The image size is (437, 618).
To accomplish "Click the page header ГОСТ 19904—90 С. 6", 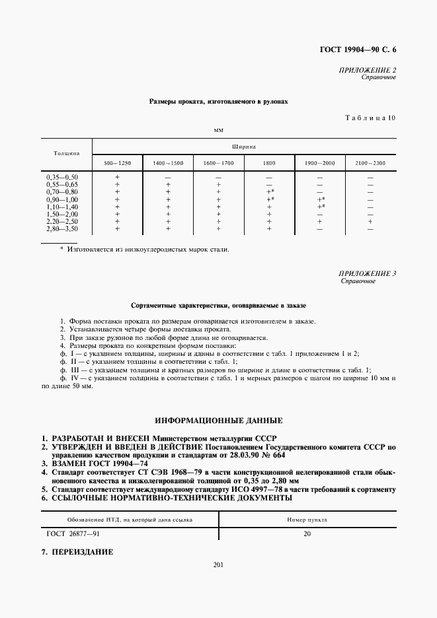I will pos(360,50).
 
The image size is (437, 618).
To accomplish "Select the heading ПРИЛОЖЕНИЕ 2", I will pos(367,70).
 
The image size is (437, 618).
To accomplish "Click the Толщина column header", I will pos(67,153).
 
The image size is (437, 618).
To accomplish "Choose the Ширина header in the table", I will pos(244,147).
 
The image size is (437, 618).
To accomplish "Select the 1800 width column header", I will pos(269,162).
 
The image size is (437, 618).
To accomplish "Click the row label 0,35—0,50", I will pos(62,178).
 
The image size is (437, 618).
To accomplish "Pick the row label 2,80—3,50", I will pos(62,229).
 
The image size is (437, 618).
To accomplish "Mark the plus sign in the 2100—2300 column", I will pos(370,222).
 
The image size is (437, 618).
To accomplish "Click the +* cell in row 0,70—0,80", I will pos(270,192).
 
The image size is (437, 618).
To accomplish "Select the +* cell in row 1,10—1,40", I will pos(321,207).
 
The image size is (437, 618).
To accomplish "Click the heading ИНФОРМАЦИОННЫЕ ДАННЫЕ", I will pos(218,420).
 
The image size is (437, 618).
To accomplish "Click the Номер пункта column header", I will pos(307,520).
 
